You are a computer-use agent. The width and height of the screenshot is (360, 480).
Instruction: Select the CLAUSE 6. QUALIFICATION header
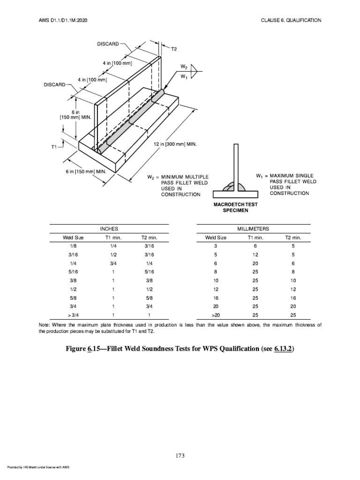[291, 20]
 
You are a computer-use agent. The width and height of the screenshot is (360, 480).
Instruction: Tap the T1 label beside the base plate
[54, 147]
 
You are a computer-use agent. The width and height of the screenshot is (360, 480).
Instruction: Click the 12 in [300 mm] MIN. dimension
[175, 144]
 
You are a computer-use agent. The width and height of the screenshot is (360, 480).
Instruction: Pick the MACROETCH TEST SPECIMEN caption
[235, 208]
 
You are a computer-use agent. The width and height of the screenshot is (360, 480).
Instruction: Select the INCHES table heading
[110, 228]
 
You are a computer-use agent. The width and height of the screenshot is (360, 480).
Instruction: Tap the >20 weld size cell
[216, 316]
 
